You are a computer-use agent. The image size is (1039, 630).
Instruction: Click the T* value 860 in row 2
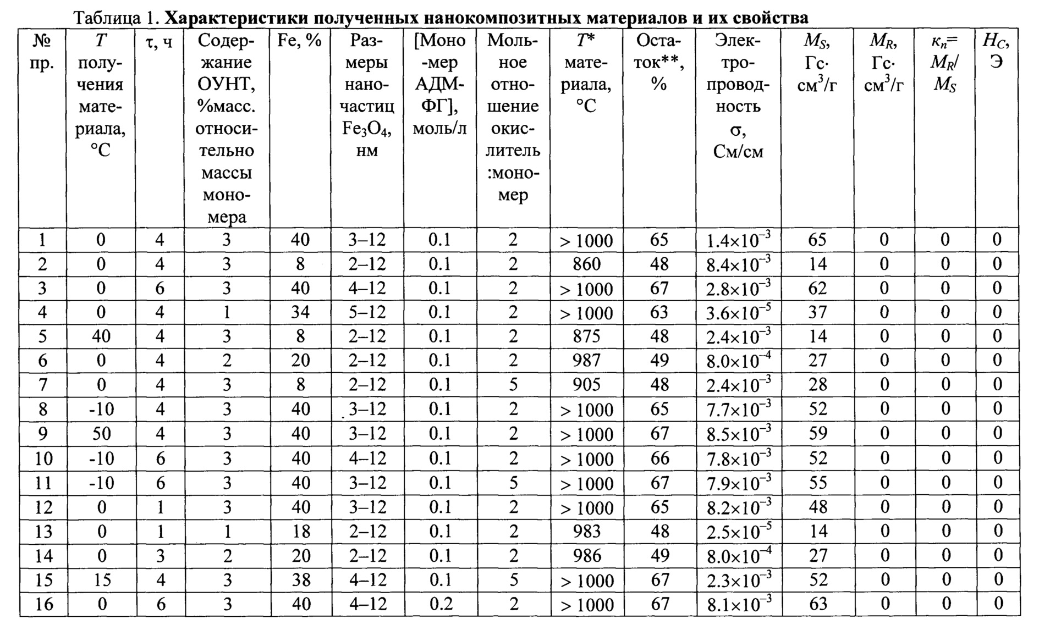click(586, 264)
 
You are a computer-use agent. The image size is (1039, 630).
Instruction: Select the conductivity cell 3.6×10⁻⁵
click(738, 313)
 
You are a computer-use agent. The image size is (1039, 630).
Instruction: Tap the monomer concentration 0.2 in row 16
click(440, 604)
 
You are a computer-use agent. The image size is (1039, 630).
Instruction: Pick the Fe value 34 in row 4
click(300, 312)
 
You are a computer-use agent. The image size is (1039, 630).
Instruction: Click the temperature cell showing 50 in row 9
click(101, 434)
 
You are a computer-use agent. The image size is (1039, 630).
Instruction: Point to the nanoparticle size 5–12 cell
click(367, 312)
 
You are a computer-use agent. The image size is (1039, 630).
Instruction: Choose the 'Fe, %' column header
click(300, 41)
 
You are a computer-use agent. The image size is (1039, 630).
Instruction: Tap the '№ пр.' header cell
click(43, 51)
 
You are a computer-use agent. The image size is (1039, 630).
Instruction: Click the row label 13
click(43, 532)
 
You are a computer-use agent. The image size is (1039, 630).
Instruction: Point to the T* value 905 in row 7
click(586, 385)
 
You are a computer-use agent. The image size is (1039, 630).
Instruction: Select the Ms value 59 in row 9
click(818, 434)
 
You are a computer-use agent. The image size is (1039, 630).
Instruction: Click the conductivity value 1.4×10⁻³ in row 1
click(738, 240)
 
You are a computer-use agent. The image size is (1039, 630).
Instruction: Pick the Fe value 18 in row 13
click(300, 531)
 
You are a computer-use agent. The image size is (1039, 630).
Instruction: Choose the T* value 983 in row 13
click(586, 531)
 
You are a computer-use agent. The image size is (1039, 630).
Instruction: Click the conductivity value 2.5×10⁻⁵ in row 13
click(738, 532)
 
